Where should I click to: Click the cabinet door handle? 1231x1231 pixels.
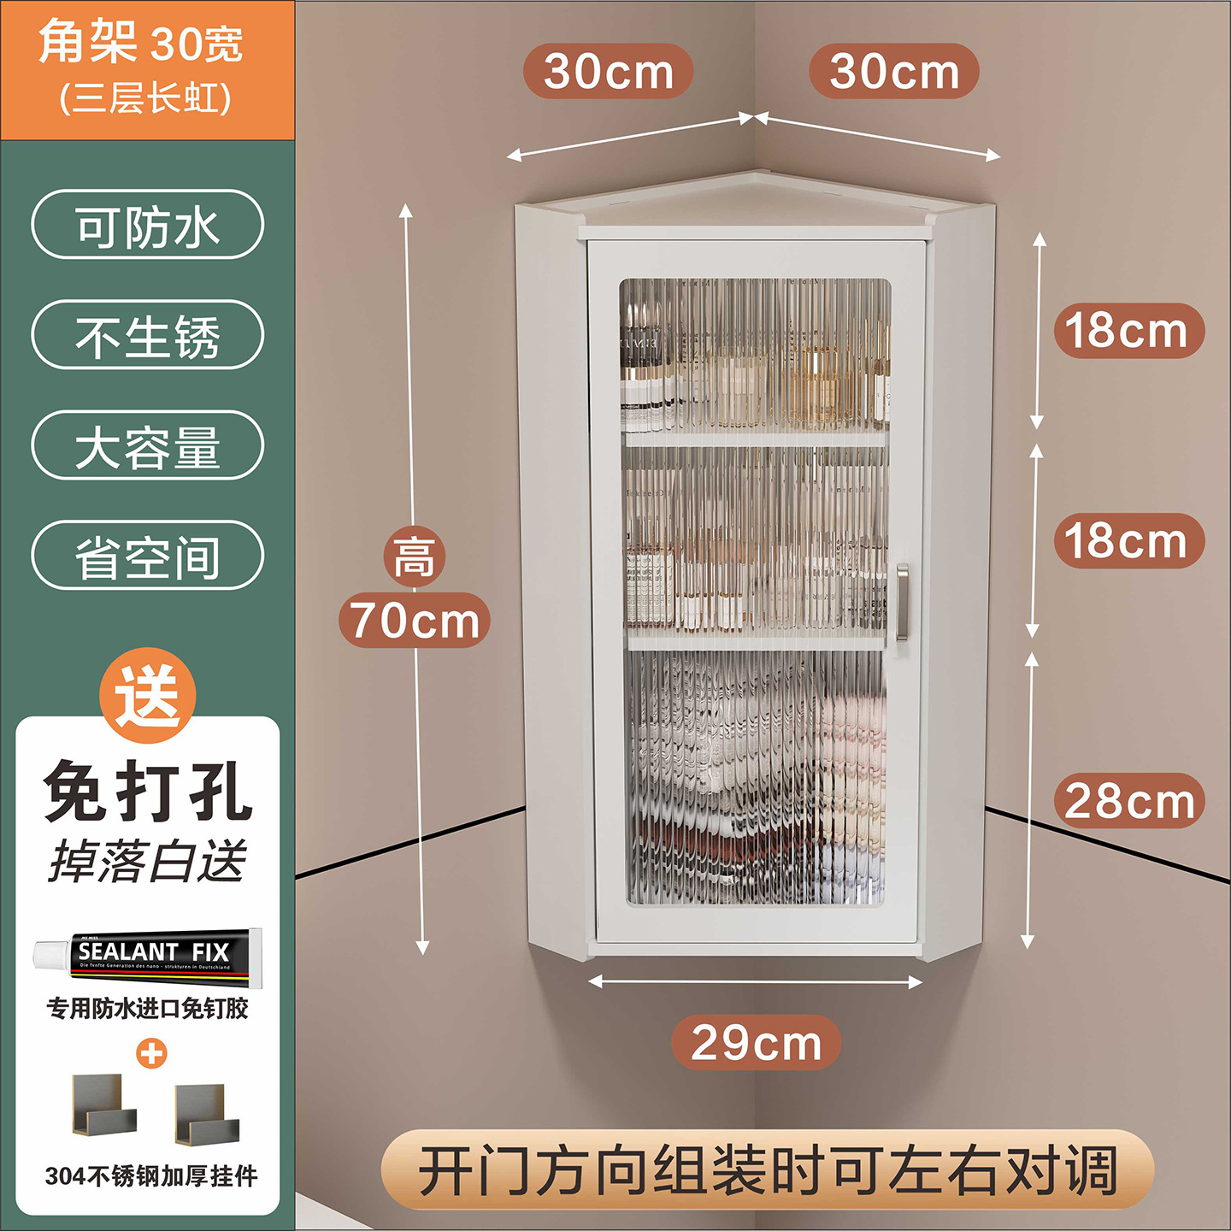(902, 602)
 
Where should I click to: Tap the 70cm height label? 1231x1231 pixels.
(415, 621)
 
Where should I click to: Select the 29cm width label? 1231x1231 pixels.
(756, 1043)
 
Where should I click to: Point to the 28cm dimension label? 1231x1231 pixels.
(1128, 801)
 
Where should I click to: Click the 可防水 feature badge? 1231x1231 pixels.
(148, 226)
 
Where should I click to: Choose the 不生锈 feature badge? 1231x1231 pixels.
(148, 335)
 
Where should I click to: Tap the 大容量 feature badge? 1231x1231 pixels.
(148, 446)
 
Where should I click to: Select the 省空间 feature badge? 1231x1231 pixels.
(148, 556)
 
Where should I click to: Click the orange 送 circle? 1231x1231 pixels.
(148, 694)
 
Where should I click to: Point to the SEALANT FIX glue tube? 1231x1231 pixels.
(148, 952)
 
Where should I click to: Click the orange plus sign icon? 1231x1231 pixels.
(151, 1053)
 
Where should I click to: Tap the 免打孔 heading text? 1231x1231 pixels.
(148, 792)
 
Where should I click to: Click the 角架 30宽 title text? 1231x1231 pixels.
(141, 43)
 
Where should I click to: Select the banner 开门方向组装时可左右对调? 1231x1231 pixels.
(767, 1170)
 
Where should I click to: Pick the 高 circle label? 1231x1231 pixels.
(415, 557)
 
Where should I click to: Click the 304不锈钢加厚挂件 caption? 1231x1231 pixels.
(151, 1176)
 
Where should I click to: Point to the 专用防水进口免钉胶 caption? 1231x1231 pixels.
(148, 1009)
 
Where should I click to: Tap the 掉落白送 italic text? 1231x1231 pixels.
(148, 860)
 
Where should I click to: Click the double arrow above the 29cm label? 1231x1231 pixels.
(756, 982)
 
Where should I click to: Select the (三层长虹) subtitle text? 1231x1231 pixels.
(145, 98)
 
